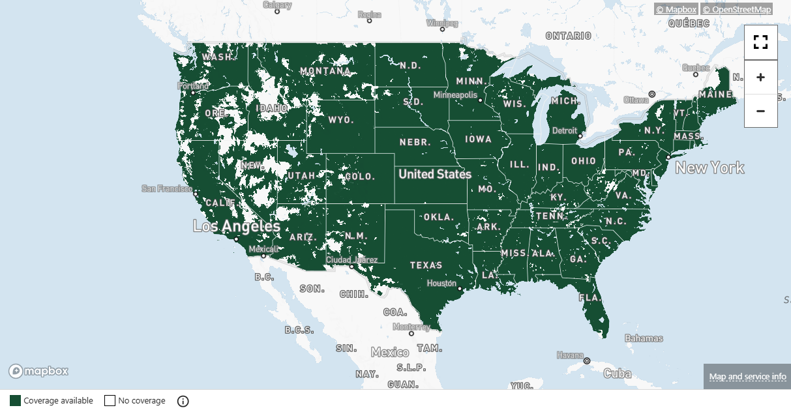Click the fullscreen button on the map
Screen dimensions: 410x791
(760, 43)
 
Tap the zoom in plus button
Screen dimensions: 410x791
(760, 77)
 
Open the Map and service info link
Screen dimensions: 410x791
(747, 377)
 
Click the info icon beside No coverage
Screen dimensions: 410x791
(183, 401)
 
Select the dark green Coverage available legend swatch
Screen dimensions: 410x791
(15, 401)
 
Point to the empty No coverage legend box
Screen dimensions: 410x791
(110, 401)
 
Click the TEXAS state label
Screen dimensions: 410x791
(426, 265)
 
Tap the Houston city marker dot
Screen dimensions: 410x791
(460, 288)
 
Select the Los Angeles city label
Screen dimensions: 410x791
(237, 227)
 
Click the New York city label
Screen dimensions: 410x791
(709, 168)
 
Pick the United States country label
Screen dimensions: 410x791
(434, 174)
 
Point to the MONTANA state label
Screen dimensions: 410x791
(325, 70)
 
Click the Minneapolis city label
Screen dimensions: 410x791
(455, 95)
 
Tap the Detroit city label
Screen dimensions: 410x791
(565, 130)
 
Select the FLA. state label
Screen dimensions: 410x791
(590, 297)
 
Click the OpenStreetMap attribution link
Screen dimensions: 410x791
(737, 9)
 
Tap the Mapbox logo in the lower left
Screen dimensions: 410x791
(38, 372)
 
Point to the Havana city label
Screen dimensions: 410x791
(570, 355)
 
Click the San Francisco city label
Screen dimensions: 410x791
(166, 189)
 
